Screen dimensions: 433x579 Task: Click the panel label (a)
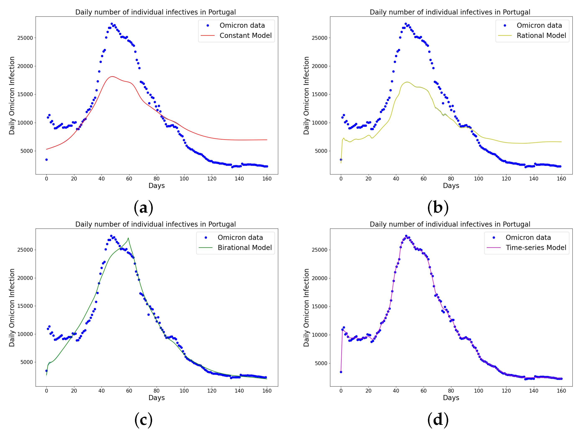[x=143, y=208]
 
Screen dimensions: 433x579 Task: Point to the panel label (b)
[x=438, y=208]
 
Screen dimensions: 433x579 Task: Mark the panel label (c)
[x=143, y=420]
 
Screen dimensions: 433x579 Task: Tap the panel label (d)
[x=438, y=420]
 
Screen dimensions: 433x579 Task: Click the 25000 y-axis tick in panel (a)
[x=25, y=38]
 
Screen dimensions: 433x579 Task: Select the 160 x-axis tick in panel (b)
[x=561, y=179]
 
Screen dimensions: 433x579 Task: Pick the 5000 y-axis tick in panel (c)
[x=27, y=362]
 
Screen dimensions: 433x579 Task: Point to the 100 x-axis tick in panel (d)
[x=478, y=391]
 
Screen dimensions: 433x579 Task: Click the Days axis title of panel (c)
[x=157, y=398]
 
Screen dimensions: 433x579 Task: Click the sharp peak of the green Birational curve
[x=128, y=238]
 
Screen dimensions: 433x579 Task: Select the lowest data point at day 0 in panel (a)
[x=46, y=160]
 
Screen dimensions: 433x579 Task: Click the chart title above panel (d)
[x=450, y=224]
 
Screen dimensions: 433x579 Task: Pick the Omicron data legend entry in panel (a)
[x=242, y=26]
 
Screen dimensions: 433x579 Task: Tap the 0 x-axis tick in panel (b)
[x=341, y=179]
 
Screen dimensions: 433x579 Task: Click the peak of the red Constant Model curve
[x=112, y=77]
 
